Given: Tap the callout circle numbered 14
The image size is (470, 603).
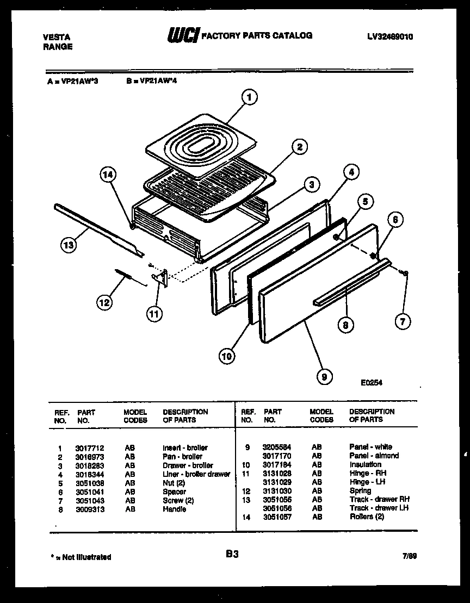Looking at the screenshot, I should (108, 175).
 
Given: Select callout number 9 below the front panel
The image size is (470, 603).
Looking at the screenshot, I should (324, 376).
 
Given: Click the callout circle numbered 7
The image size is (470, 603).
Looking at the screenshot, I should (402, 321).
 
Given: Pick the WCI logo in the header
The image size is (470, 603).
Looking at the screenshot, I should (183, 35).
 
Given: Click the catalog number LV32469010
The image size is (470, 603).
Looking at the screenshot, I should (390, 37).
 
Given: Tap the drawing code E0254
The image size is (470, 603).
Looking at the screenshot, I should (372, 382).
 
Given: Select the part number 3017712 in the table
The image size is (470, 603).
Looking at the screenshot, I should (87, 447).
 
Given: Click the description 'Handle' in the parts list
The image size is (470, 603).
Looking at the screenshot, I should (174, 509).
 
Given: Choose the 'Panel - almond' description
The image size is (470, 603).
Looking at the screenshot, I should (374, 456).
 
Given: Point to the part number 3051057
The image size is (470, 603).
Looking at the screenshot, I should (277, 517).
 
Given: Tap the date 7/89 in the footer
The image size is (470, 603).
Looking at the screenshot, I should (410, 557).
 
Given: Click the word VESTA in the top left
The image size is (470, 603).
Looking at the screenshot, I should (56, 37).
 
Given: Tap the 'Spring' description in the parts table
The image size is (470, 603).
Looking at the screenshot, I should (360, 490).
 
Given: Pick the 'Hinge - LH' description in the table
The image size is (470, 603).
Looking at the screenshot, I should (367, 482).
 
